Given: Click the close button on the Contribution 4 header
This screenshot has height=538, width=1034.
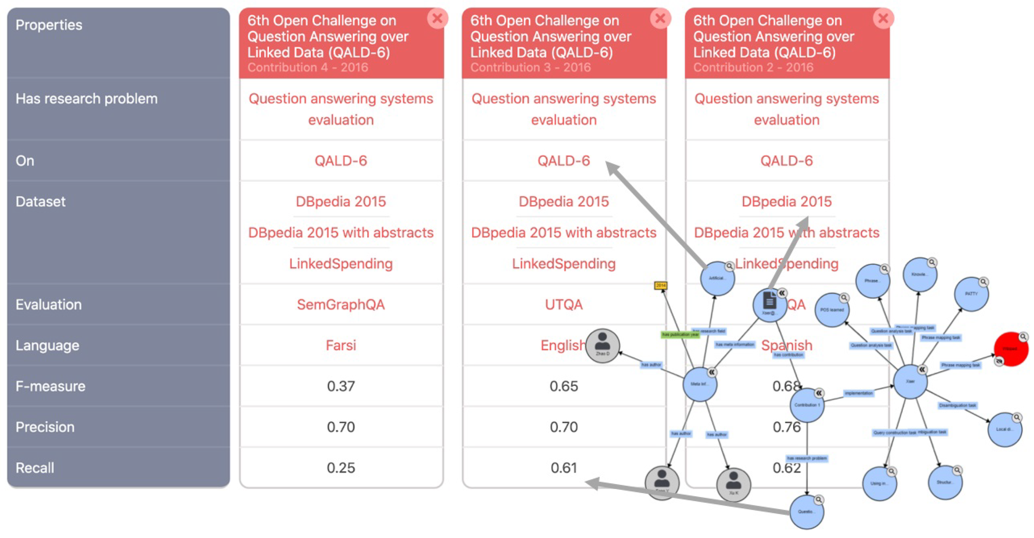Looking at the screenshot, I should [437, 18].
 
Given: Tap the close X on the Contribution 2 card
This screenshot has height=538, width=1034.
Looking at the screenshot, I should [883, 18].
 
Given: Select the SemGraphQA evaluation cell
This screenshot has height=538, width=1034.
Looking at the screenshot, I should [341, 305].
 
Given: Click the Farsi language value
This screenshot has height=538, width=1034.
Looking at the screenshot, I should [341, 346].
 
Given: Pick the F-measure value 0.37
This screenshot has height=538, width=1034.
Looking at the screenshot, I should [341, 386].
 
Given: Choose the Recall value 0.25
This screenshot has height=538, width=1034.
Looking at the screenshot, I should [341, 467].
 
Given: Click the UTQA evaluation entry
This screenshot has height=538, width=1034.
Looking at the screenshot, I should [564, 305].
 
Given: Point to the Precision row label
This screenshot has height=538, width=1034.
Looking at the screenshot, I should [45, 427].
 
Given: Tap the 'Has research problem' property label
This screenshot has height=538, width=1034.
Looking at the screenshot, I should [86, 99].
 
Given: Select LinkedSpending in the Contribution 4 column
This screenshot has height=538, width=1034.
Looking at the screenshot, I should [341, 264].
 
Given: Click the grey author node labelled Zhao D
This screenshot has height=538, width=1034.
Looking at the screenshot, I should [602, 346].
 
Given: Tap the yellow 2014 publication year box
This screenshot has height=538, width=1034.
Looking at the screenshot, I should [661, 285].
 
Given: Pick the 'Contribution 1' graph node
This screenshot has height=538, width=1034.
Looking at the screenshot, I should [807, 405].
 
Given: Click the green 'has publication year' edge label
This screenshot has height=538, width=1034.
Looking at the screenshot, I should [680, 334].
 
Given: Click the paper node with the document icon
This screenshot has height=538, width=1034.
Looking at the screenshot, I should [769, 305].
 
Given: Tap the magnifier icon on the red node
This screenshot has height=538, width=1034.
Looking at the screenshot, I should [1023, 336].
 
